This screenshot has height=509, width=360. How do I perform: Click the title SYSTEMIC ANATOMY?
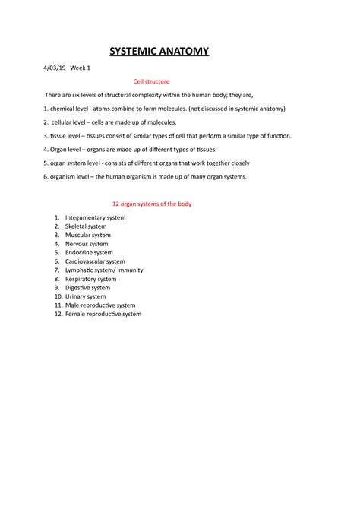coord(159,51)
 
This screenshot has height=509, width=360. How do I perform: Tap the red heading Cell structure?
coord(151,81)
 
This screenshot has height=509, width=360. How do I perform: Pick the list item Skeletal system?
coord(86,226)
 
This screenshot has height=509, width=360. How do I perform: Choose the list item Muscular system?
coord(87,236)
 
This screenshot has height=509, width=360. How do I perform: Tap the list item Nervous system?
coord(87,244)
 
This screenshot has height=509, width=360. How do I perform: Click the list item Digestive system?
coord(87,288)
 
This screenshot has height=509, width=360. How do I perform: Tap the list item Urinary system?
coord(85,296)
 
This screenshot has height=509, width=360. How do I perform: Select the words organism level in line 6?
coord(76,176)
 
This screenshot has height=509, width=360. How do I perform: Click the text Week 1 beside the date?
coord(81,68)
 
